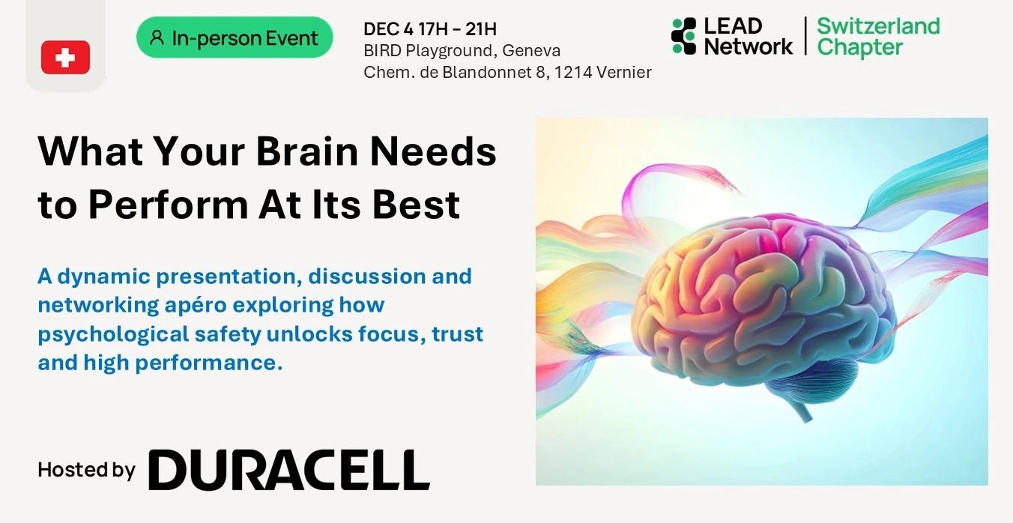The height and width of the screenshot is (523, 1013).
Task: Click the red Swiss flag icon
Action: (x=66, y=57)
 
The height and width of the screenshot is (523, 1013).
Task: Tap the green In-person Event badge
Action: (x=235, y=37)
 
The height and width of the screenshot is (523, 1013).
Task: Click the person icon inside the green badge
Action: (x=157, y=37)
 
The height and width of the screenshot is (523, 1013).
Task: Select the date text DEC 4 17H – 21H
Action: (x=430, y=29)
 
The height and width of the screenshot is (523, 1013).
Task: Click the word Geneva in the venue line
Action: (x=531, y=51)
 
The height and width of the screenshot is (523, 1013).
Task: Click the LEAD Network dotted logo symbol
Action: (x=684, y=36)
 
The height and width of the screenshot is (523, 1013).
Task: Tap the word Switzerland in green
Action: (x=878, y=26)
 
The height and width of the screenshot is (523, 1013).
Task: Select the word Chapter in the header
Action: (x=859, y=48)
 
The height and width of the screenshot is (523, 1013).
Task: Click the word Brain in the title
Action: (x=307, y=151)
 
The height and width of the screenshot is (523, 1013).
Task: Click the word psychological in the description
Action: (x=113, y=335)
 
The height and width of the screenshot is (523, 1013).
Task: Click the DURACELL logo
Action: (x=289, y=470)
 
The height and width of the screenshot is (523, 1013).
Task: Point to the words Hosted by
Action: (x=86, y=471)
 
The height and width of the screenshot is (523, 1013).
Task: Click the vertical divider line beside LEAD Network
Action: (x=805, y=36)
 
